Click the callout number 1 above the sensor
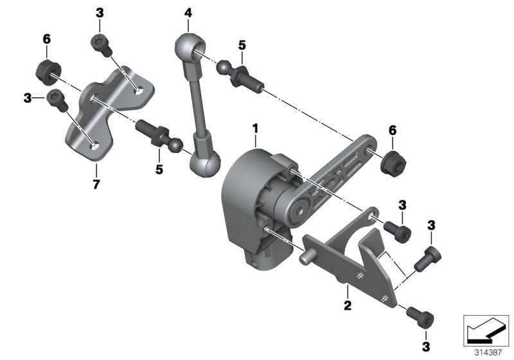[255, 129]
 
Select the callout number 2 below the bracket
[347, 305]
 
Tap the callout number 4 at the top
[188, 13]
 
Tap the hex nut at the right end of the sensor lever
[391, 163]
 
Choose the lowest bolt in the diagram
[423, 316]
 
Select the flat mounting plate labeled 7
[109, 113]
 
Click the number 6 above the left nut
[46, 40]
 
